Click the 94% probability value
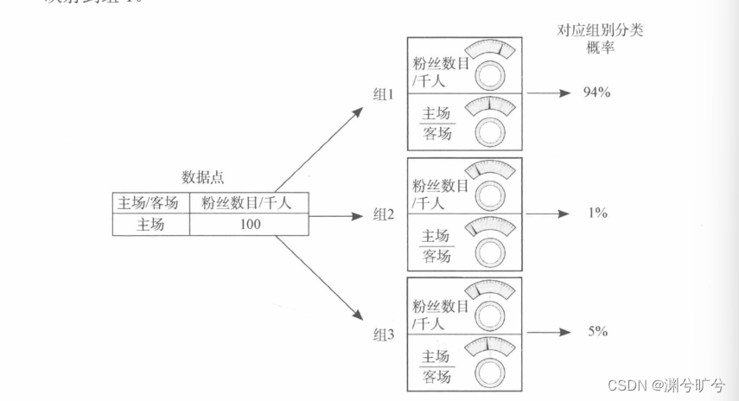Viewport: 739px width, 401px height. coord(596,92)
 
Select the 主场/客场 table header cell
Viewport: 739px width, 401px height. coord(150,204)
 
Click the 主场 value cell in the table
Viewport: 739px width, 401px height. coord(150,225)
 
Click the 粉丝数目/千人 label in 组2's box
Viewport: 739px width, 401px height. coord(440,194)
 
